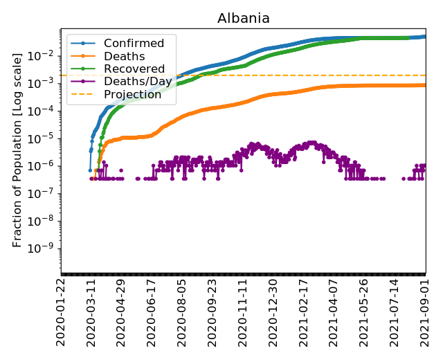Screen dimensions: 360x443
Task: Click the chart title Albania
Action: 244,18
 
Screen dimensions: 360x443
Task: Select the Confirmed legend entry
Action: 134,44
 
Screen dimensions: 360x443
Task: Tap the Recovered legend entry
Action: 134,69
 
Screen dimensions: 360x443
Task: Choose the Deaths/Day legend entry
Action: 138,82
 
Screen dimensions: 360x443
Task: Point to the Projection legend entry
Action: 132,94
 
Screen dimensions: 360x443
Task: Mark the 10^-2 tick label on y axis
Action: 48,55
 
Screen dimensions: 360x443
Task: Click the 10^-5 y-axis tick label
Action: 48,138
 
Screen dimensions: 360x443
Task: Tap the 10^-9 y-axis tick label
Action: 48,249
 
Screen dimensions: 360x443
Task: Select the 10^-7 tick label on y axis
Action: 48,193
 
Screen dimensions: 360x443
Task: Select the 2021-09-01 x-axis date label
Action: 425,312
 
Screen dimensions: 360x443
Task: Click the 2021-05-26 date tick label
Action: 365,312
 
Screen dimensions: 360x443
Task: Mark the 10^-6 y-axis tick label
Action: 48,165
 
